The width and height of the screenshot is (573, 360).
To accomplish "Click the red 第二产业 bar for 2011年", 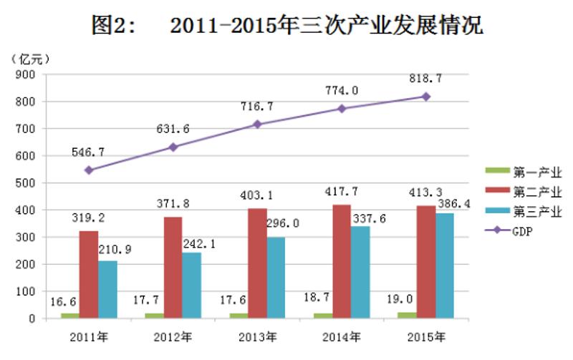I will coord(89,274).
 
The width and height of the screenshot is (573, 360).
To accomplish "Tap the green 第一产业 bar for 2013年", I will coord(239,316).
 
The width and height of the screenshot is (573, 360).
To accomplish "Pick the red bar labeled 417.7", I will coord(342,261).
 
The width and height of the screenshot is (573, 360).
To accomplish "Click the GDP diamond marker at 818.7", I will coord(426,96).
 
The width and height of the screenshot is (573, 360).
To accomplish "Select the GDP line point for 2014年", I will coord(341,108).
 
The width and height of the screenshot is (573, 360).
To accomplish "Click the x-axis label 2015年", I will coord(425,336).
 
